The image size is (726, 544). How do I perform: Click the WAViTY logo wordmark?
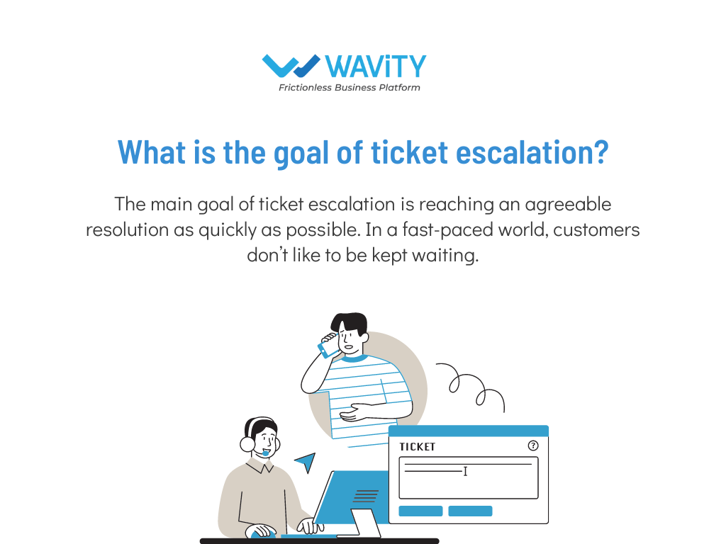[x=376, y=67]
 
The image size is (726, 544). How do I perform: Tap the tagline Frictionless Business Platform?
[x=349, y=88]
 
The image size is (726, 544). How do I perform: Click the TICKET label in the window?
[x=417, y=447]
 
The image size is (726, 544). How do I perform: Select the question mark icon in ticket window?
[x=533, y=446]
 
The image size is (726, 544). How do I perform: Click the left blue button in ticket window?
[x=420, y=511]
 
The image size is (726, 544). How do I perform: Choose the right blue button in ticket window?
[x=470, y=511]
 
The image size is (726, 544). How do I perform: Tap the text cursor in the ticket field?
[x=465, y=471]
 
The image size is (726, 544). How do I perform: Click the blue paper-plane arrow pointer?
[x=305, y=463]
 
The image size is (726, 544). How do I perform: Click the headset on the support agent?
[x=248, y=443]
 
